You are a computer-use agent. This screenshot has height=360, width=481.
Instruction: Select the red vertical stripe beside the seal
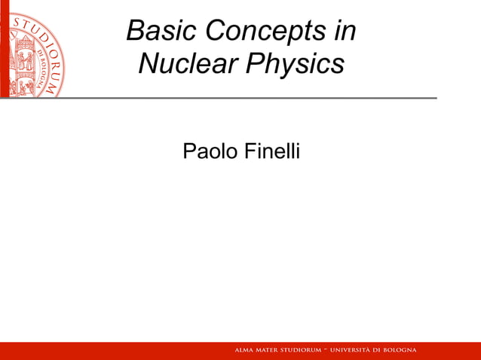click(3, 49)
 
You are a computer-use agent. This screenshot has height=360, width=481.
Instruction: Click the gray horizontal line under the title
click(226, 98)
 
